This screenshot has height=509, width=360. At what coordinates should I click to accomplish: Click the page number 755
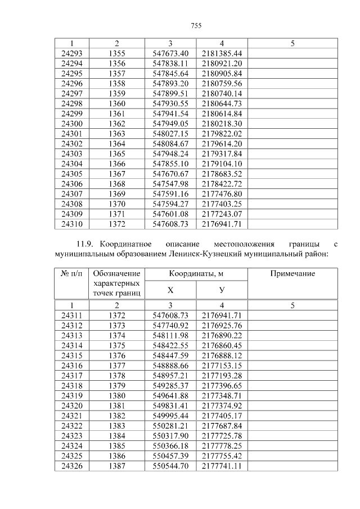coord(196,26)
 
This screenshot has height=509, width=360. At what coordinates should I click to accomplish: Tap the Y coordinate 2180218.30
coord(222,123)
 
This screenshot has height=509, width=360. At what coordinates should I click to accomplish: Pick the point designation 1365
coord(116,154)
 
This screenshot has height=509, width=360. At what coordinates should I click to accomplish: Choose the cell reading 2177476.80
coord(222,193)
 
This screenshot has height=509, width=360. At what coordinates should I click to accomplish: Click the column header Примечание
coord(292,273)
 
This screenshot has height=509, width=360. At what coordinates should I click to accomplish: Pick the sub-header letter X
coord(170,290)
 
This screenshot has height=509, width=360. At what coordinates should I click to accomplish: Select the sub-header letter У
coord(222,290)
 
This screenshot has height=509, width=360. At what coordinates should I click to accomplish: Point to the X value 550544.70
coord(170,466)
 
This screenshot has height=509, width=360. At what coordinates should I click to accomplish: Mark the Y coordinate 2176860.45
coord(222,345)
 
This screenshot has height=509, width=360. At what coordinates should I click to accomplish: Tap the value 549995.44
coord(170,416)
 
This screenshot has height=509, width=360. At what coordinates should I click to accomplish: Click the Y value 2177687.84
coord(222,426)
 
